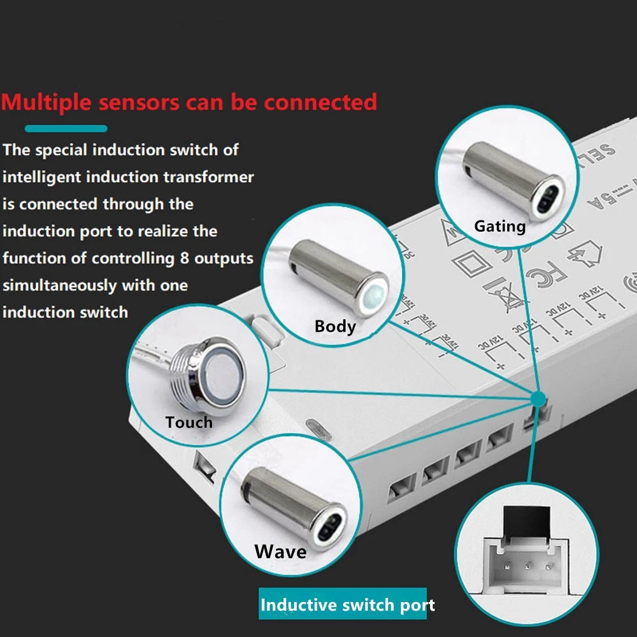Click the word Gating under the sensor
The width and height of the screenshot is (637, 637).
[499, 226]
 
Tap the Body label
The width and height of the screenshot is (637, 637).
[335, 326]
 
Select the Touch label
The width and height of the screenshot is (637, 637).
[189, 422]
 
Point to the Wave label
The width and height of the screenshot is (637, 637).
[280, 550]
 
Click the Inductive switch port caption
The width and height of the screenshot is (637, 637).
[348, 605]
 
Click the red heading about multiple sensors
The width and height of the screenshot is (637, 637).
[189, 102]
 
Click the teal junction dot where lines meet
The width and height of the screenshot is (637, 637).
[538, 399]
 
